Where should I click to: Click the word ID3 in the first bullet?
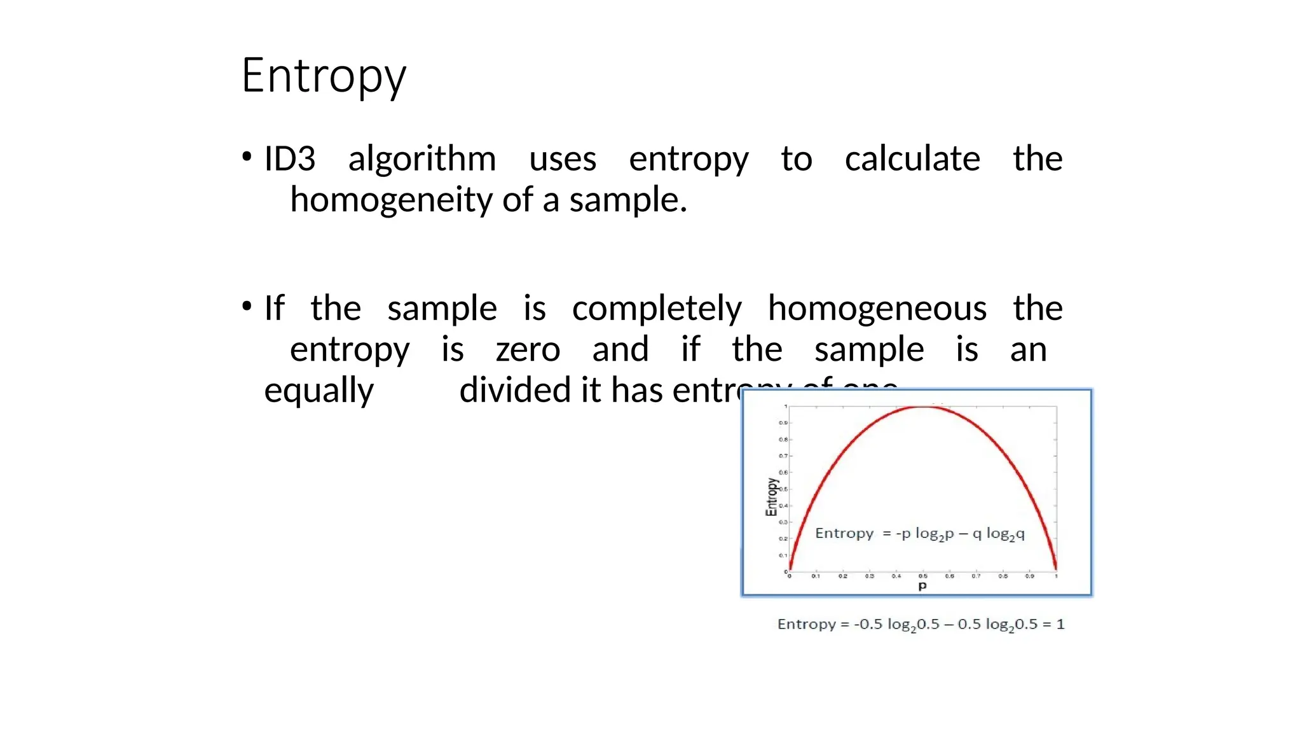pyautogui.click(x=290, y=158)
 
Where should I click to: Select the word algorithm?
pyautogui.click(x=422, y=158)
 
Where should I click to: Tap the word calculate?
pyautogui.click(x=912, y=158)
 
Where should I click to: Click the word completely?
pyautogui.click(x=657, y=309)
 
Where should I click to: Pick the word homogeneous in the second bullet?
pyautogui.click(x=877, y=309)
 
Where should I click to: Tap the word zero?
pyautogui.click(x=528, y=349)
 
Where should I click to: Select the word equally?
pyautogui.click(x=319, y=390)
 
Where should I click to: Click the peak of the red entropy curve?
pyautogui.click(x=923, y=407)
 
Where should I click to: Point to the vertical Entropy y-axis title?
pyautogui.click(x=771, y=497)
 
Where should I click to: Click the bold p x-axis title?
pyautogui.click(x=922, y=586)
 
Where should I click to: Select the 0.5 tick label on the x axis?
pyautogui.click(x=922, y=576)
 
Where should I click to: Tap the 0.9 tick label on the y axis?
pyautogui.click(x=783, y=422)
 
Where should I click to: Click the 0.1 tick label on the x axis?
pyautogui.click(x=816, y=576)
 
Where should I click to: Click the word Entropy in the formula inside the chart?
pyautogui.click(x=844, y=533)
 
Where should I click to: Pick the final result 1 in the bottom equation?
pyautogui.click(x=1060, y=624)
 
